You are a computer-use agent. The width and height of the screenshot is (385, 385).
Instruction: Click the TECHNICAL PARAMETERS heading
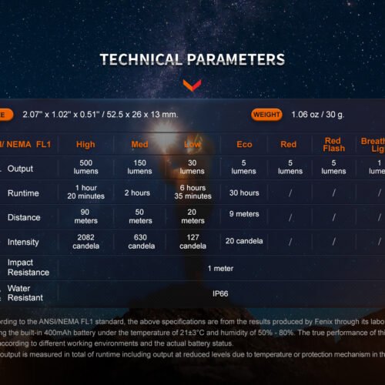pos(192,59)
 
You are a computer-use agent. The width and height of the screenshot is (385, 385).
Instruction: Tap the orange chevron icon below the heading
pos(192,84)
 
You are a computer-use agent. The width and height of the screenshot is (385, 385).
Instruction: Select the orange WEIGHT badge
pos(266,115)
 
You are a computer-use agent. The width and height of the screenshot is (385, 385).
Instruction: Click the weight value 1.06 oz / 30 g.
pos(317,115)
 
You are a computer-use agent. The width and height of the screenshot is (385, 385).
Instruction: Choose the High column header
pos(86,144)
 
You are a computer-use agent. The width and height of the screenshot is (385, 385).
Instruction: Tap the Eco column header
pos(243,144)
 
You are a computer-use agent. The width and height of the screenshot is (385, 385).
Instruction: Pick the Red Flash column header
pos(333,144)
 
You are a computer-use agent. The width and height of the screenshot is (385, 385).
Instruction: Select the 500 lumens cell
pos(86,167)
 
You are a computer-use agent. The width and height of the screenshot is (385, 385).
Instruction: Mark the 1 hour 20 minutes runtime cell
pos(86,192)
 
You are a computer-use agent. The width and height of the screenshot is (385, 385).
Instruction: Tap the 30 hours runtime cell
pos(243,192)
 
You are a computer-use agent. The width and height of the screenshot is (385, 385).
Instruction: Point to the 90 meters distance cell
pos(86,217)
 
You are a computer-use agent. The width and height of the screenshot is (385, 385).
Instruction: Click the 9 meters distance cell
pos(243,214)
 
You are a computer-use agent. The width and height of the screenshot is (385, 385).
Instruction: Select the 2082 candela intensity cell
pos(86,243)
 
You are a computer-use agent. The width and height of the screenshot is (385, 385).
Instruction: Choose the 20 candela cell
pos(243,242)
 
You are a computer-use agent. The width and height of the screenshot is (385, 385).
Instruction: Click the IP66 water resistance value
pos(220,293)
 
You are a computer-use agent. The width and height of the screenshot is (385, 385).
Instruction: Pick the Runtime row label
pos(23,193)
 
